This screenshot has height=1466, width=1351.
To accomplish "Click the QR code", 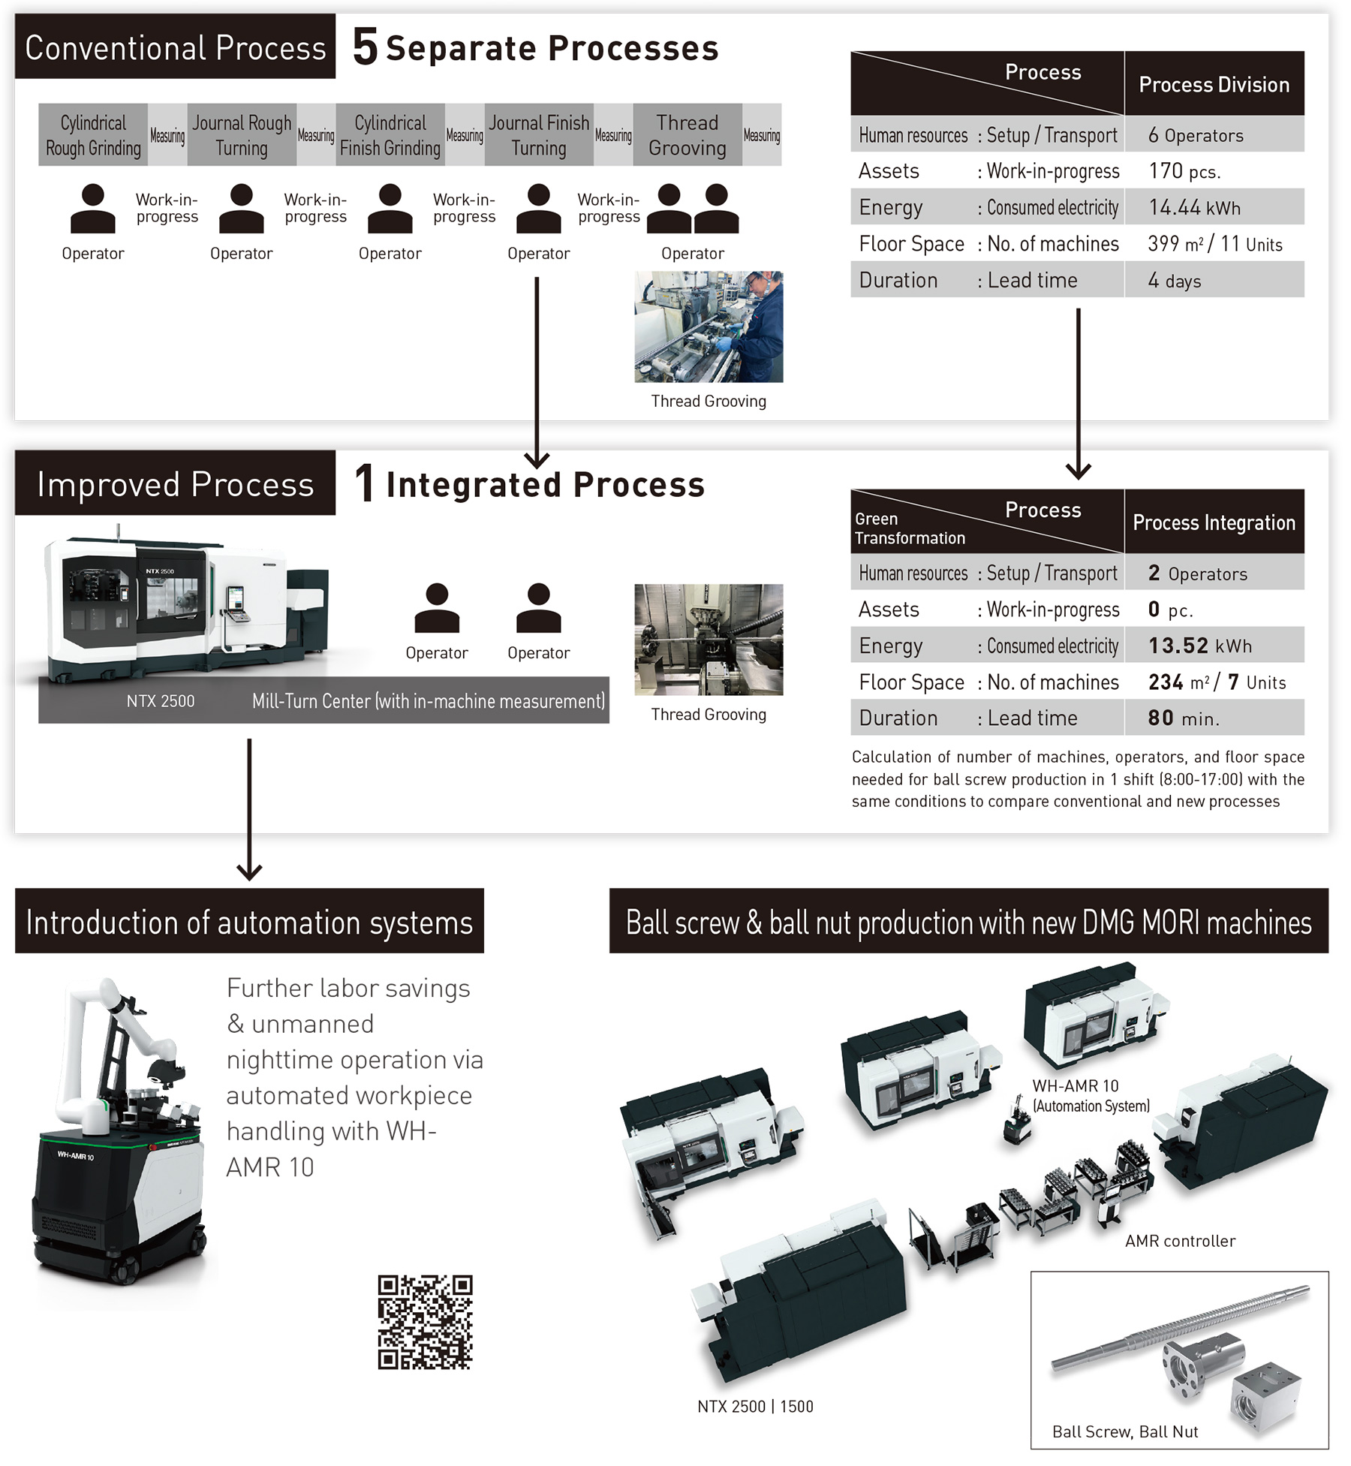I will [x=425, y=1321].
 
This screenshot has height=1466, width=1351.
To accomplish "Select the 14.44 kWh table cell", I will [x=1213, y=207].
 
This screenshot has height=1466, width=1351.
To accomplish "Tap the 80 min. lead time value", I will [x=1213, y=718].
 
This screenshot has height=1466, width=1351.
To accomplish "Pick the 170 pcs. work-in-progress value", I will [x=1213, y=171].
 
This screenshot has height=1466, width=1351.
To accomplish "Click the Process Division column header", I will [x=1214, y=84].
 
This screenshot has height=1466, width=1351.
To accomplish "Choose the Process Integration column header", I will [x=1214, y=522].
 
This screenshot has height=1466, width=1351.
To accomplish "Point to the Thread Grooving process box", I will [x=687, y=135].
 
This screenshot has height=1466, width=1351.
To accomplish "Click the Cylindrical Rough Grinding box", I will [x=93, y=135].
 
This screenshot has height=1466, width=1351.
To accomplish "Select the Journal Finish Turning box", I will [x=539, y=135].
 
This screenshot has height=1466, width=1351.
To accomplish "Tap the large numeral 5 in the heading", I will [x=365, y=47].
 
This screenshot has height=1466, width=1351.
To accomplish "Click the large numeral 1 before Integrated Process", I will [x=365, y=484].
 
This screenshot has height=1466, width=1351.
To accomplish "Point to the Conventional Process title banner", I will [x=175, y=47].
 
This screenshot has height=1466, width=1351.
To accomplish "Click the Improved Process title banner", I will [x=175, y=484].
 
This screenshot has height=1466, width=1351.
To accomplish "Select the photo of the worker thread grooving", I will [x=708, y=327].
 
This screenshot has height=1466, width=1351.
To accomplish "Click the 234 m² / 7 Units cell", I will [x=1213, y=682].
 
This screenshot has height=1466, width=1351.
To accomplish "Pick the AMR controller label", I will [x=1180, y=1241].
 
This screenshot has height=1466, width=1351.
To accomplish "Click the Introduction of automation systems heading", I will [x=249, y=922].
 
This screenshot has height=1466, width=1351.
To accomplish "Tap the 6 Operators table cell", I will [x=1213, y=135].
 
